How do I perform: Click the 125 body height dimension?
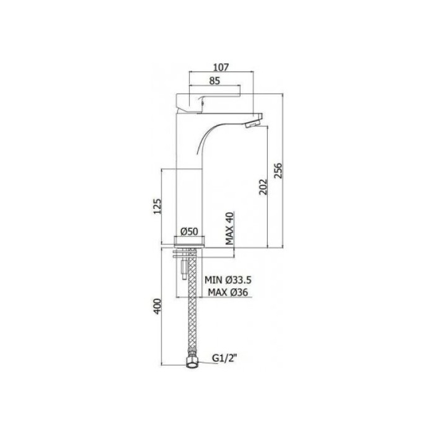pyautogui.click(x=157, y=207)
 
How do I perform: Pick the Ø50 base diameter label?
pyautogui.click(x=188, y=231)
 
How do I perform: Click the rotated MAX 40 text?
pyautogui.click(x=229, y=228)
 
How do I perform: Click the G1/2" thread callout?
pyautogui.click(x=224, y=357)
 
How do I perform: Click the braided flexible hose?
pyautogui.click(x=191, y=310)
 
